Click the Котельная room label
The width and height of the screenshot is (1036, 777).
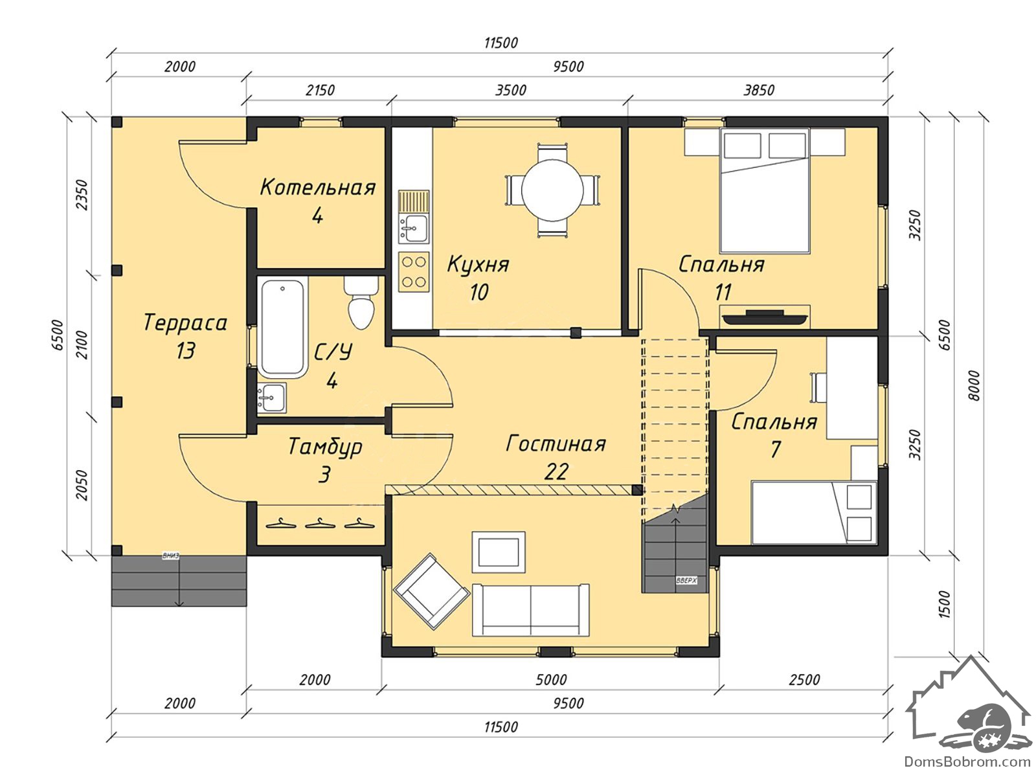(318, 188)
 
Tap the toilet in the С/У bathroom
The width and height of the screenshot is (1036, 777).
(361, 302)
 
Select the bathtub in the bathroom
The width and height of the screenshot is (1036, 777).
(282, 328)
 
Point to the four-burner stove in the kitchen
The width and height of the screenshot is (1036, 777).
(414, 272)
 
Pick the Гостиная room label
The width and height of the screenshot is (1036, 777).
(556, 444)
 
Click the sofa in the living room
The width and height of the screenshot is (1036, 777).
(530, 610)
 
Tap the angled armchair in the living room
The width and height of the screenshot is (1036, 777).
(431, 591)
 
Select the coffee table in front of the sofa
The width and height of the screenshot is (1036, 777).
(499, 552)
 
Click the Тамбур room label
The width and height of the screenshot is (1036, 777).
(325, 447)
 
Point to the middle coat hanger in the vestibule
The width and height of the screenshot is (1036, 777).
(319, 524)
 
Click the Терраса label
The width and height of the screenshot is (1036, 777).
(185, 322)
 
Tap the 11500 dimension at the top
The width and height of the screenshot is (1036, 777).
(501, 43)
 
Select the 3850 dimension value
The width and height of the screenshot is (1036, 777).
(759, 90)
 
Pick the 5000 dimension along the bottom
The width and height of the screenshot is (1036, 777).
(551, 680)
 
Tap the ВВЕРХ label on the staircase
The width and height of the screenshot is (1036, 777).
(686, 580)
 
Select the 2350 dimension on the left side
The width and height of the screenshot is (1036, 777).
(82, 195)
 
